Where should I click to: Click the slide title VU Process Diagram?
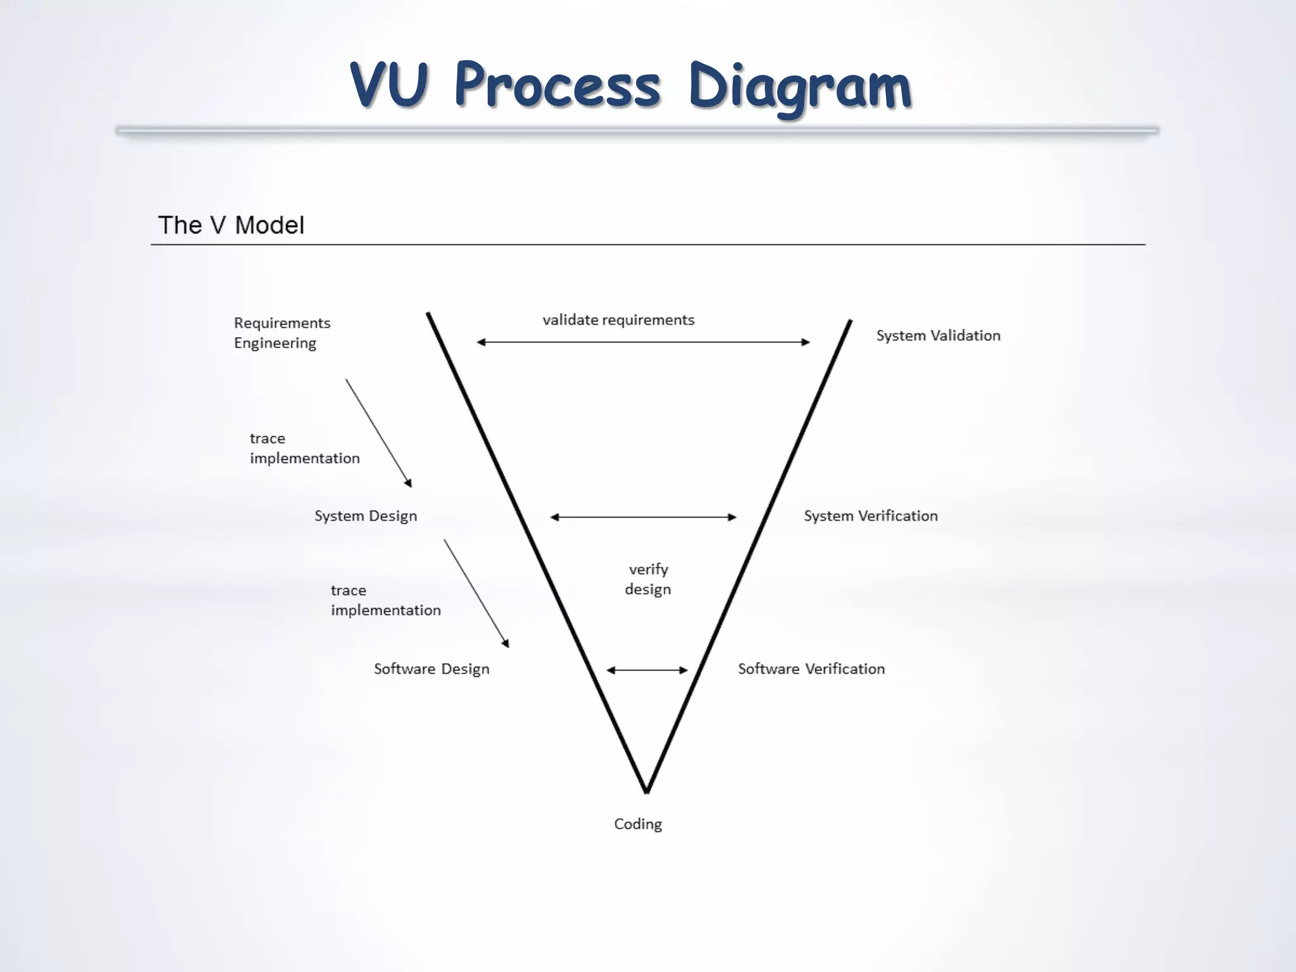point(630,85)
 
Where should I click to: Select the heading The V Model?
point(231,225)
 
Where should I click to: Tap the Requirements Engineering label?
point(282,333)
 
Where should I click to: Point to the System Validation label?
point(938,335)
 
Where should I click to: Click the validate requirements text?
point(618,320)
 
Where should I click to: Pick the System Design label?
point(366,516)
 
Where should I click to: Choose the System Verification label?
point(871,516)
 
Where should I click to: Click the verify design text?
point(648,579)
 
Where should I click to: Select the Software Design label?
point(432,669)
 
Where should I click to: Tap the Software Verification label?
point(811,669)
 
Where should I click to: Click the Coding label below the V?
point(638,824)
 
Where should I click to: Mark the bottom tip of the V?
point(646,790)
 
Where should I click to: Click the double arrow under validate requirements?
point(643,342)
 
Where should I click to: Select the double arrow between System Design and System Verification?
point(643,517)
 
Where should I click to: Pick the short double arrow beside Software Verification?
point(647,670)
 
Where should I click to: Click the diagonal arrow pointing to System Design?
point(378,433)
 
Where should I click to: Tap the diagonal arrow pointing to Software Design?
point(477,593)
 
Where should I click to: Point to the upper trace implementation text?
point(304,448)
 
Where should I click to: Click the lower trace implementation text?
point(385,600)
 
